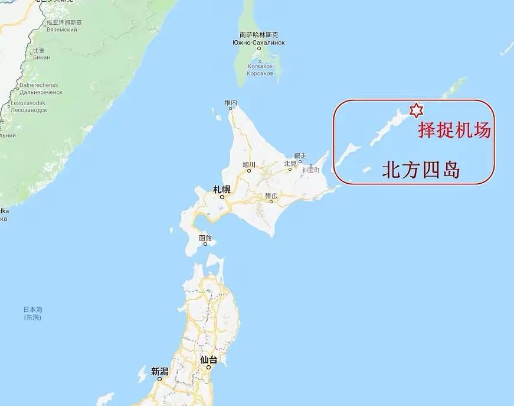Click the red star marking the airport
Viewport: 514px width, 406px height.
pyautogui.click(x=416, y=110)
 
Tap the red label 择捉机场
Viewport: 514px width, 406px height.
pyautogui.click(x=454, y=130)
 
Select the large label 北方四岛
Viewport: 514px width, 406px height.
pyautogui.click(x=421, y=170)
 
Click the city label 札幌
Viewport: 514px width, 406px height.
pyautogui.click(x=222, y=190)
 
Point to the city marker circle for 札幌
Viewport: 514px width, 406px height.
pyautogui.click(x=222, y=197)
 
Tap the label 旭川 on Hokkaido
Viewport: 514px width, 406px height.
pyautogui.click(x=249, y=164)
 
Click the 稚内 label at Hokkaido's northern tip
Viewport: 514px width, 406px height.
pyautogui.click(x=231, y=103)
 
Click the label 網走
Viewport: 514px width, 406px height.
pyautogui.click(x=300, y=155)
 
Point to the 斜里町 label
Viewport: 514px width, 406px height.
pyautogui.click(x=310, y=170)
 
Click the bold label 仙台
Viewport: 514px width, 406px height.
pyautogui.click(x=208, y=359)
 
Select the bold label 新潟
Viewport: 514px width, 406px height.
pyautogui.click(x=159, y=372)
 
